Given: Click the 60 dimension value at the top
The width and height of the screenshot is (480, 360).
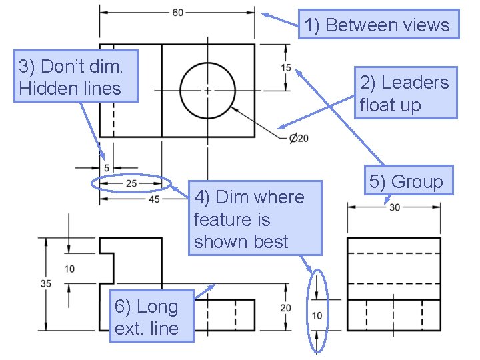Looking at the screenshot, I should click(178, 13).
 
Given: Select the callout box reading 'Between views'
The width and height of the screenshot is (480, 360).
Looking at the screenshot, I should click(378, 25).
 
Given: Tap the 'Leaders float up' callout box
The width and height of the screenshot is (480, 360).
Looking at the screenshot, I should click(404, 93).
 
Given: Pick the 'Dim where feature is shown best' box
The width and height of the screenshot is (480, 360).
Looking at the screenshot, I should click(255, 218).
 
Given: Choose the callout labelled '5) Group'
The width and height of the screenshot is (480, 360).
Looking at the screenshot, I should click(406, 181).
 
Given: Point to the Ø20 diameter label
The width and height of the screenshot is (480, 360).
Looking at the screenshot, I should click(298, 139).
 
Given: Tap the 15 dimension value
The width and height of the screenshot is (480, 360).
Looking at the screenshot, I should click(285, 67).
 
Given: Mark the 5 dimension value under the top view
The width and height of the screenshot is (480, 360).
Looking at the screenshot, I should click(106, 168).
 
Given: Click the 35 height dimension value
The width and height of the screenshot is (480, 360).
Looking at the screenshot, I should click(46, 283).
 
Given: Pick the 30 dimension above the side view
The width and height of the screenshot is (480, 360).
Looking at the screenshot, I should click(394, 207).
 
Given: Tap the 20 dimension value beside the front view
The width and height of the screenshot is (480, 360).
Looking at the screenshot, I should click(285, 307).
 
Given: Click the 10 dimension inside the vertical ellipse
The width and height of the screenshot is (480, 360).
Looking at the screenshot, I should click(317, 315).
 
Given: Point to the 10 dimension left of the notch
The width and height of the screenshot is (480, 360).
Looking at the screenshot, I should click(69, 269).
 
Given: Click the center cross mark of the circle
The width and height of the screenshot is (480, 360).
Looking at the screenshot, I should click(207, 90).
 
